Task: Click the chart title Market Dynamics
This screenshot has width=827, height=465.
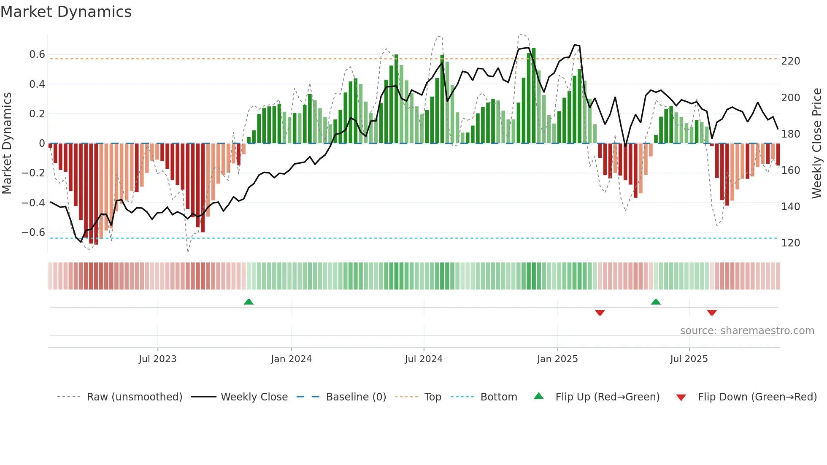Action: tap(66, 12)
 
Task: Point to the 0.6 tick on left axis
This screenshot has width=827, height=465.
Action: tap(37, 54)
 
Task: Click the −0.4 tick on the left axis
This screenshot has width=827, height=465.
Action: tap(33, 203)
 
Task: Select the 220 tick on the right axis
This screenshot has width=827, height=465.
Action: tap(790, 61)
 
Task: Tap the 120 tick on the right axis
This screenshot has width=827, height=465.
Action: tap(790, 243)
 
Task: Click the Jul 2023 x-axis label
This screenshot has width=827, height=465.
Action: tap(157, 359)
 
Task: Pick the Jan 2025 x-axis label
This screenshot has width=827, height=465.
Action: tap(557, 359)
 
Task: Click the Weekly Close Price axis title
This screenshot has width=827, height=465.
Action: tap(817, 143)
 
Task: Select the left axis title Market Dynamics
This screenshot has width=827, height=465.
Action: tap(7, 143)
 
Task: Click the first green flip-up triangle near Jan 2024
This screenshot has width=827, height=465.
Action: tap(249, 302)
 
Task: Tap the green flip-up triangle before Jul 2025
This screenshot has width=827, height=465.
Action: tap(656, 302)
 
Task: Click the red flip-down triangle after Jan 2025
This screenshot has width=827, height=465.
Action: tap(600, 313)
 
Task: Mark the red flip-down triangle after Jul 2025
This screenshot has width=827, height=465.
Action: tap(712, 313)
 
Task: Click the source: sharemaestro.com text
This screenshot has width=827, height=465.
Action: tap(747, 331)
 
